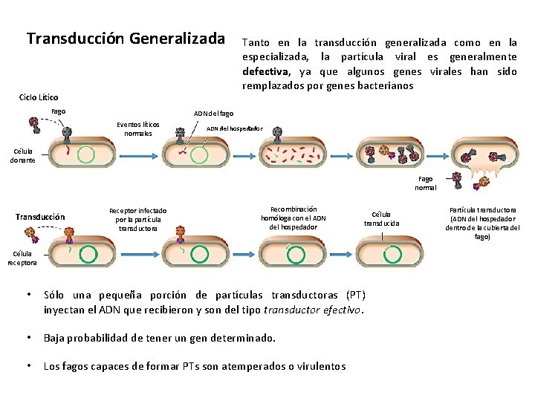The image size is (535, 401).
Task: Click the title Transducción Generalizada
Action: (126, 38)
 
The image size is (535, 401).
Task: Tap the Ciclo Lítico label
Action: (38, 97)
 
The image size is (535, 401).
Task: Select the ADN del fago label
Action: (213, 114)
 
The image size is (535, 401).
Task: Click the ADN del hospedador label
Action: (234, 128)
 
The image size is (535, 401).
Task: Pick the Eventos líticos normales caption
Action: (138, 129)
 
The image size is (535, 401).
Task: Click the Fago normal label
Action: (426, 183)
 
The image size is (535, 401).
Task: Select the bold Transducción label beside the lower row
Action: (40, 217)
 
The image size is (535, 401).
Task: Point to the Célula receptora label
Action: (22, 257)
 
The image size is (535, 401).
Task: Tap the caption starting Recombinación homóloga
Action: (294, 218)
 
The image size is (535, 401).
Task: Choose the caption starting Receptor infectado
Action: (137, 219)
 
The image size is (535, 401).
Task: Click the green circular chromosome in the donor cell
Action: (86, 154)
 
